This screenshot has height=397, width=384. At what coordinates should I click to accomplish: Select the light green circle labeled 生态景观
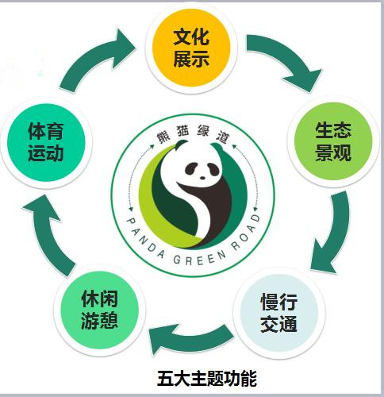click(333, 141)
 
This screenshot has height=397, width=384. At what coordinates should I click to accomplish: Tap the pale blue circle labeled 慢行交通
click(279, 313)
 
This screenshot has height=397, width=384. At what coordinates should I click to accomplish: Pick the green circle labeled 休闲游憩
click(100, 310)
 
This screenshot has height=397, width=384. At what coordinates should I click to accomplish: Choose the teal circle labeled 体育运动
click(46, 142)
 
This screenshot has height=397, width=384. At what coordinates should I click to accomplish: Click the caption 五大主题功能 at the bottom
click(207, 379)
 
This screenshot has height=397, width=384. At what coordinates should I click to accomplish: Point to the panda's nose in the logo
click(202, 178)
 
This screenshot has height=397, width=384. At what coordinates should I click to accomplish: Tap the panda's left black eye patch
click(192, 168)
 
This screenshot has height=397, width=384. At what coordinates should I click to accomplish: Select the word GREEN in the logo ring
click(200, 260)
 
